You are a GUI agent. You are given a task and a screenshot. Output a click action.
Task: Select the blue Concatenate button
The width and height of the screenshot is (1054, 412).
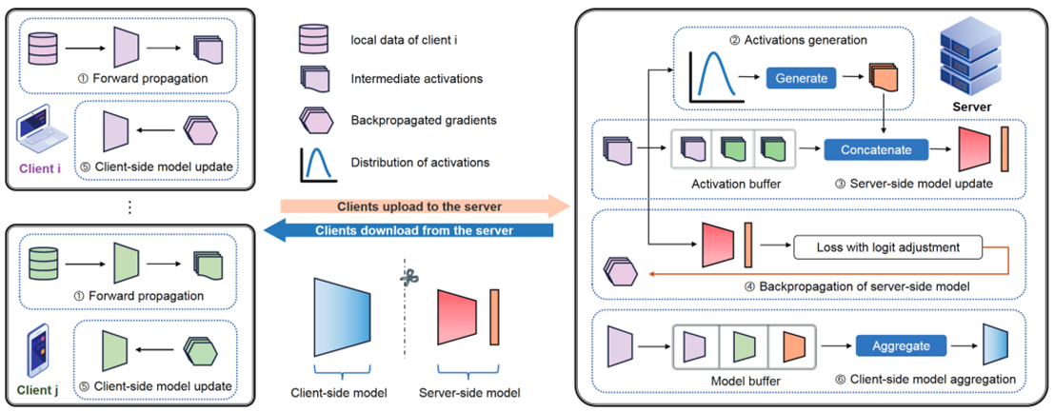tap(875, 149)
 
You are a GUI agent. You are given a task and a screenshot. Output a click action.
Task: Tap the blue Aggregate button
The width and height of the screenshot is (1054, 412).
tap(901, 346)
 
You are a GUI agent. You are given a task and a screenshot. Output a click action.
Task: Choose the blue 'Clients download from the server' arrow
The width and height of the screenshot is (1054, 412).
tap(424, 229)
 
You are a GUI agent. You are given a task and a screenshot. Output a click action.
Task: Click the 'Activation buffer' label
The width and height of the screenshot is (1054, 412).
tap(725, 183)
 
